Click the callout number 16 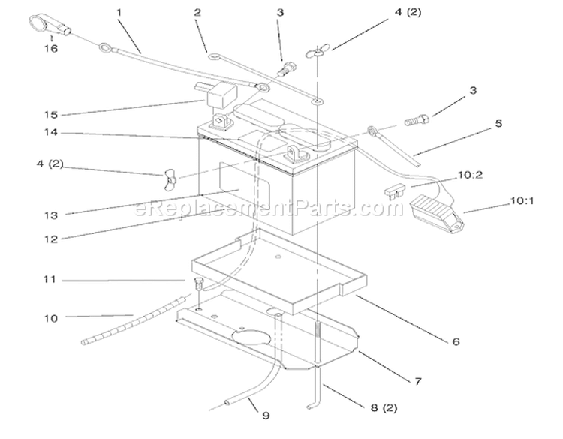[x=51, y=48]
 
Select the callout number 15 [x=51, y=115]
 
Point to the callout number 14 [x=51, y=132]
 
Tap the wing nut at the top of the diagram [x=318, y=51]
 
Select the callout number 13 [x=51, y=215]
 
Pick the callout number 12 [x=51, y=239]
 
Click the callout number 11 [x=50, y=279]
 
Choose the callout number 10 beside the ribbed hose [x=51, y=318]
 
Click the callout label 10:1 [x=522, y=200]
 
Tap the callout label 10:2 [x=471, y=175]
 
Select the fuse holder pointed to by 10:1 [x=437, y=212]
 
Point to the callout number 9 [x=266, y=416]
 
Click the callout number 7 [x=418, y=381]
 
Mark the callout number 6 [x=456, y=341]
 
